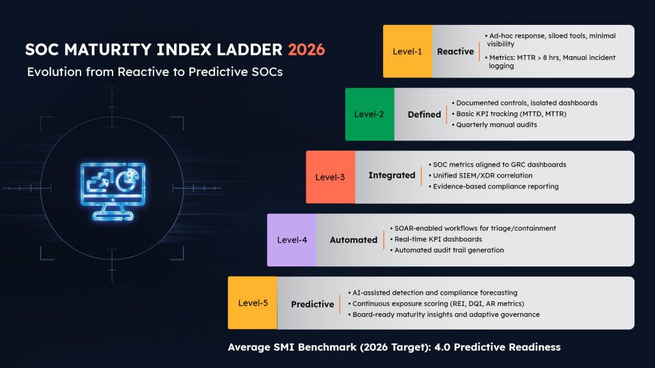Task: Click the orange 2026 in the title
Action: (306, 50)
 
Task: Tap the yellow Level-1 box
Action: (407, 51)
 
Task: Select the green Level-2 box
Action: (369, 114)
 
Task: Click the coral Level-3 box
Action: (330, 177)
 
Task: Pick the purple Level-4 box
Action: (292, 240)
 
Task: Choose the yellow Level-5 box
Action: (252, 303)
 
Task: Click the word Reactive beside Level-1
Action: (455, 51)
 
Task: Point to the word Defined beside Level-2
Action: (424, 114)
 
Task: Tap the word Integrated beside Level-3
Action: (391, 175)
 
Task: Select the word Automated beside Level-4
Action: (353, 240)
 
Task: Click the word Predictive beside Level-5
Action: (312, 304)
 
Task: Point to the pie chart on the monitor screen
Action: (128, 180)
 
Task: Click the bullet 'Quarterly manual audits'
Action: (496, 125)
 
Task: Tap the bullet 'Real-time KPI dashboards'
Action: (439, 239)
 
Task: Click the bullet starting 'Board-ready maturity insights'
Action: (446, 314)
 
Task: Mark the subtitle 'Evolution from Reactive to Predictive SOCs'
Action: (155, 72)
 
